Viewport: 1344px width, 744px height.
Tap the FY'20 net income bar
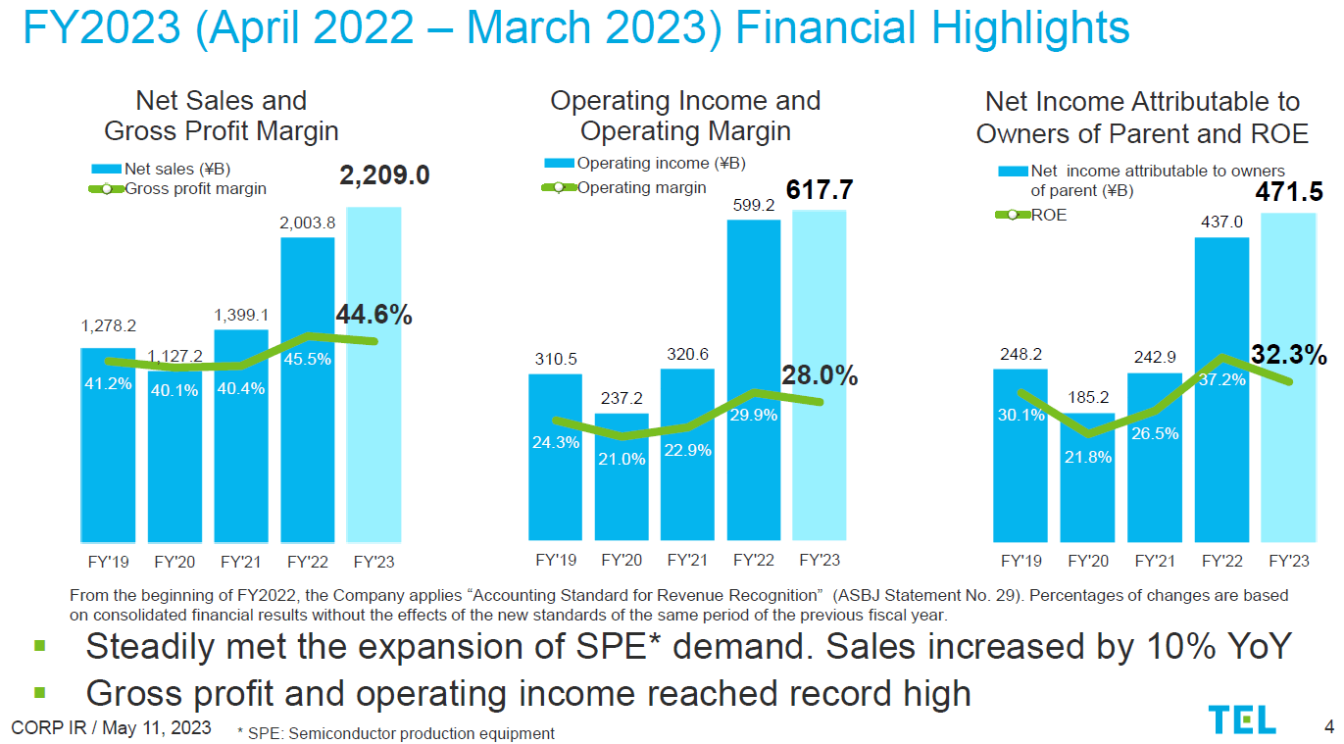coord(1088,490)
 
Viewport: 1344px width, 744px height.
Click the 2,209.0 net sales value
coord(385,175)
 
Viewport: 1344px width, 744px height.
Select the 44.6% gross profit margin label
coord(373,315)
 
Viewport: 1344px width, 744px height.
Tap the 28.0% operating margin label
coord(820,375)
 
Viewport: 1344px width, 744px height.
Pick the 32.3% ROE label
coord(1288,354)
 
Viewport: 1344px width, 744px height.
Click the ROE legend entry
coord(1048,215)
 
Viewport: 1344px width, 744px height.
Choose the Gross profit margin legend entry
coord(195,188)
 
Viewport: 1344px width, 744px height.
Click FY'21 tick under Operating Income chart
coord(687,561)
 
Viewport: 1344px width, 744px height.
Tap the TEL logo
coord(1242,720)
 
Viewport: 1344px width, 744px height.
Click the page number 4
coord(1328,726)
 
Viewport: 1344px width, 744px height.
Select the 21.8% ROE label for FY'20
coord(1088,457)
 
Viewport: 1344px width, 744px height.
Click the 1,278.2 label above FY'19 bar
coord(108,324)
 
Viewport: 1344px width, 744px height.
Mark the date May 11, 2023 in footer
coord(157,727)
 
